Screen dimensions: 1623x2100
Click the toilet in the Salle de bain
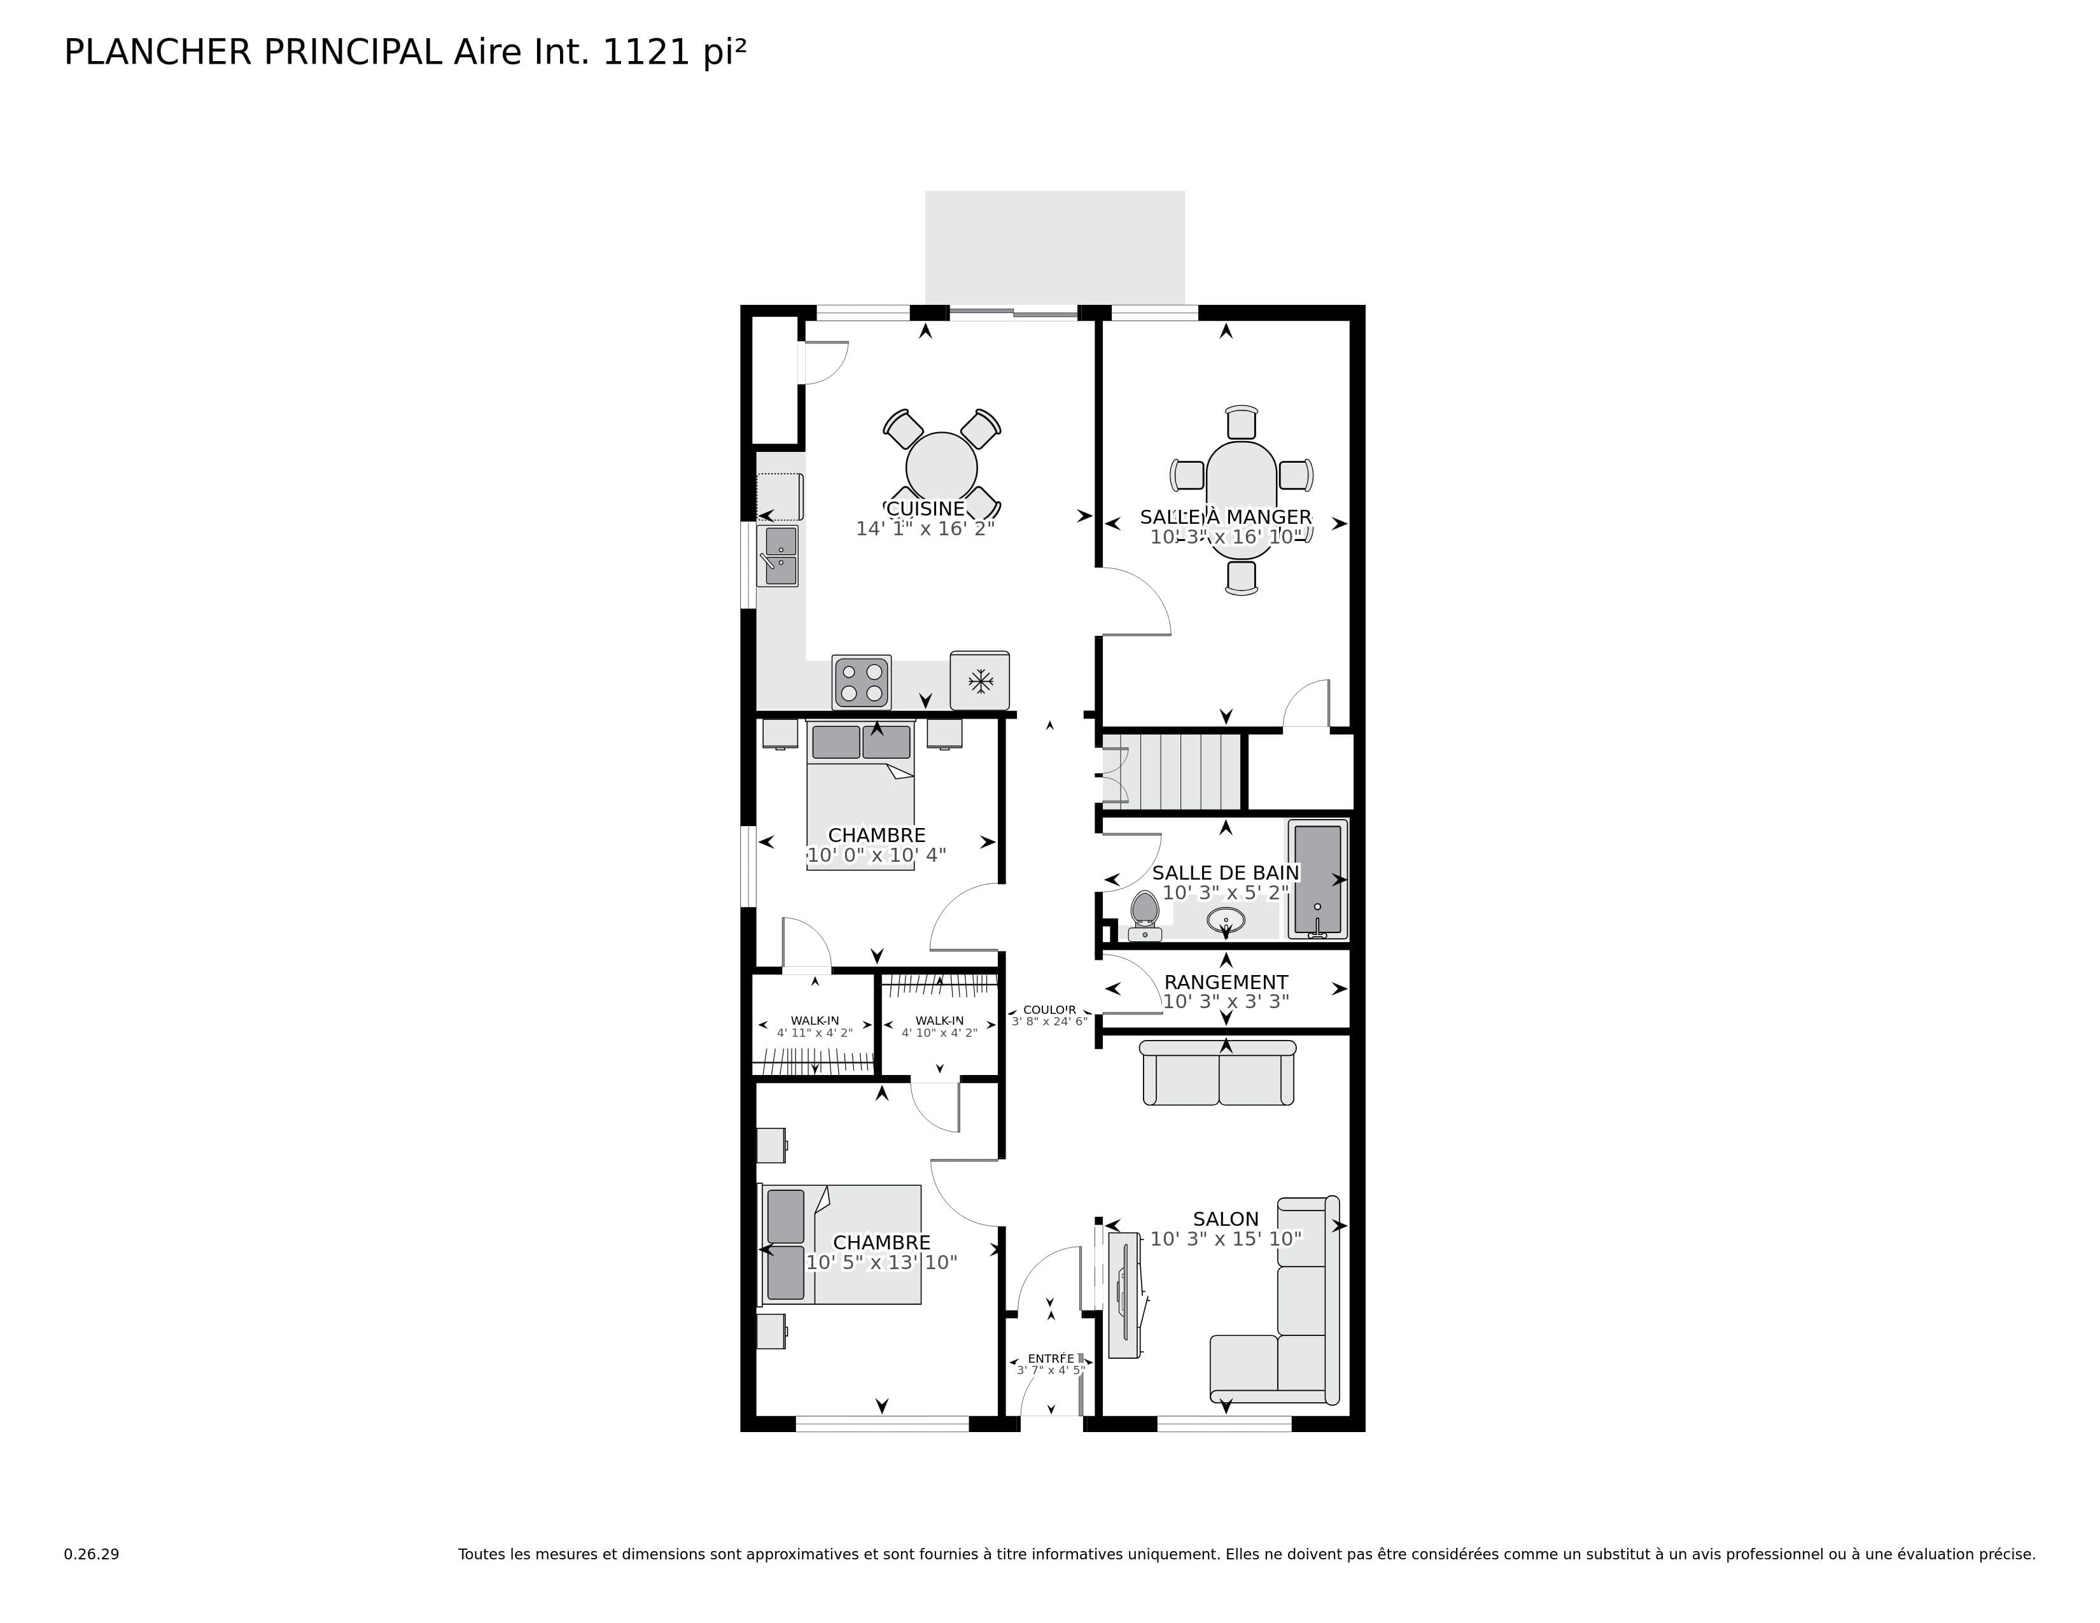pos(1144,913)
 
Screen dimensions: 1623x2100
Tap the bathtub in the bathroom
pos(1317,879)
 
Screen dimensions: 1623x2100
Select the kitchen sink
pos(780,556)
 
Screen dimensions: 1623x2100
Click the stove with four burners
pos(862,682)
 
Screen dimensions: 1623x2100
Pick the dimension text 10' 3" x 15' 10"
pos(1226,1239)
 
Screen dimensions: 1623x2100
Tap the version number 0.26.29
pos(92,1554)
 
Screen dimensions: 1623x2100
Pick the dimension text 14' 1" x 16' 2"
pos(925,529)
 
